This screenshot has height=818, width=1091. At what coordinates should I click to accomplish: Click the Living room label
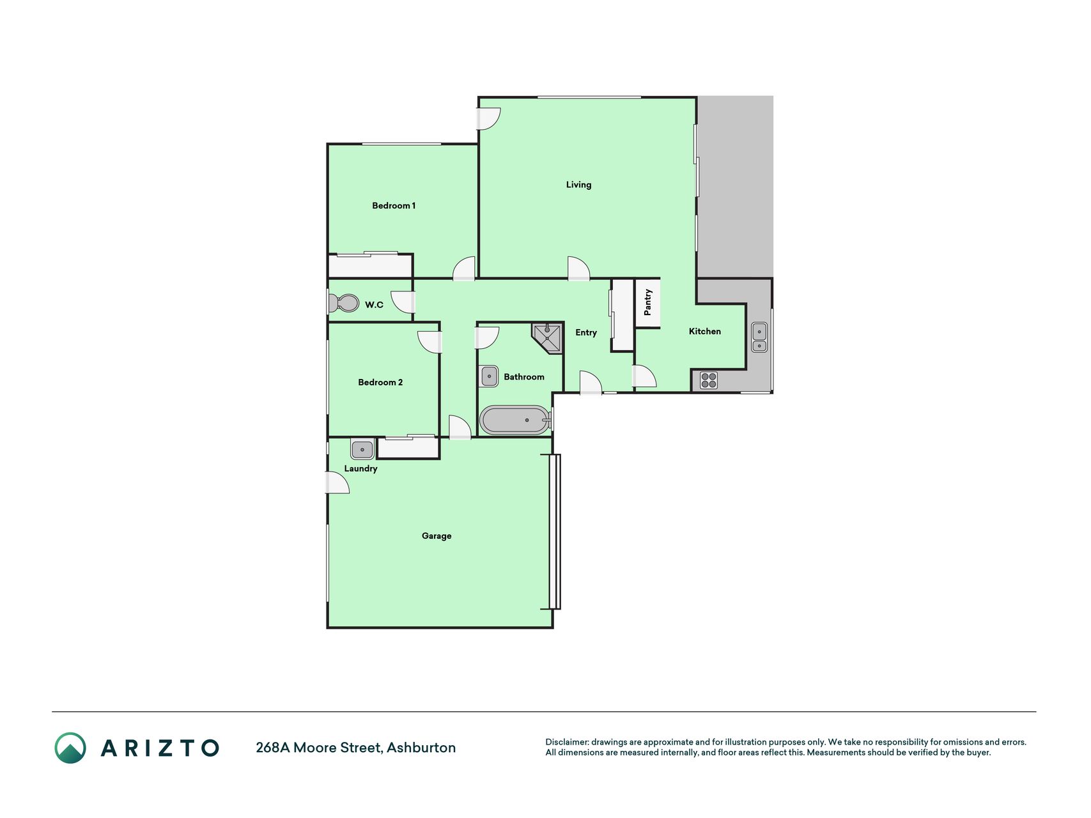(x=578, y=185)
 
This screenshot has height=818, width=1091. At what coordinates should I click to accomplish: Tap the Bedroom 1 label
(x=394, y=206)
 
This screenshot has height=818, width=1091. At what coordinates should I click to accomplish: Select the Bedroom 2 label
(x=380, y=382)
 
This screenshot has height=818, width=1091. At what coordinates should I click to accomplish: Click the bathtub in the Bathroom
(x=515, y=420)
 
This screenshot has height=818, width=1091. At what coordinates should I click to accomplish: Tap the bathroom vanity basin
(x=489, y=376)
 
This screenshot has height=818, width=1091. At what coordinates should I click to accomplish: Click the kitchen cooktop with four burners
(x=709, y=380)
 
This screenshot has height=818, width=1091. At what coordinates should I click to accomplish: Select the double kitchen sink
(x=759, y=337)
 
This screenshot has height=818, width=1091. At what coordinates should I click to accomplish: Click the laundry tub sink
(x=362, y=449)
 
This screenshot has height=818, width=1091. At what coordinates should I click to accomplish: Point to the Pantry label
(x=647, y=302)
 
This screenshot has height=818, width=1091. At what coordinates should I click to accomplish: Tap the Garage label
(x=437, y=536)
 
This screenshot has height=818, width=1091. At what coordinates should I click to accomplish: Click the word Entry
(x=586, y=332)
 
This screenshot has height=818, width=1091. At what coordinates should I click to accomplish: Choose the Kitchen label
(x=705, y=331)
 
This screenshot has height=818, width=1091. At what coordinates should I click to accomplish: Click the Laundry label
(x=360, y=468)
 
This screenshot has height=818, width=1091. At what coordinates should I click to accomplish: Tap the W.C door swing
(x=403, y=302)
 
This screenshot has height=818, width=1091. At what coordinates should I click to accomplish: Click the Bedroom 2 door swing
(x=429, y=342)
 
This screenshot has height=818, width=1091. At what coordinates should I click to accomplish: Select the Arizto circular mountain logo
(x=70, y=748)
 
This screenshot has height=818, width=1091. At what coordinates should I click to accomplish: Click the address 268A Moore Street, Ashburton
(x=356, y=748)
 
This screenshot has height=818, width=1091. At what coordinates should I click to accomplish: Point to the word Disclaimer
(x=567, y=742)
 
